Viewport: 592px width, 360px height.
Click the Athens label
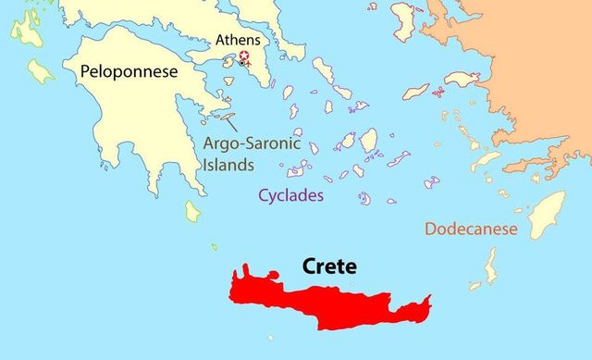[238, 41]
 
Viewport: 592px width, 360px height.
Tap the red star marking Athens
[244, 56]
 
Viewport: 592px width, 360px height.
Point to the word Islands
[228, 166]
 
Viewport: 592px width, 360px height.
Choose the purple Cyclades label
[290, 195]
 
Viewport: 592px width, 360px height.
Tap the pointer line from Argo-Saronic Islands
[228, 120]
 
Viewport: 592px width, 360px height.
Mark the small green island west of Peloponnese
[41, 70]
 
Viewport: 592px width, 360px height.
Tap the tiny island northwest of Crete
[214, 247]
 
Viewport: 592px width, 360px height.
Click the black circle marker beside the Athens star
[241, 62]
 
